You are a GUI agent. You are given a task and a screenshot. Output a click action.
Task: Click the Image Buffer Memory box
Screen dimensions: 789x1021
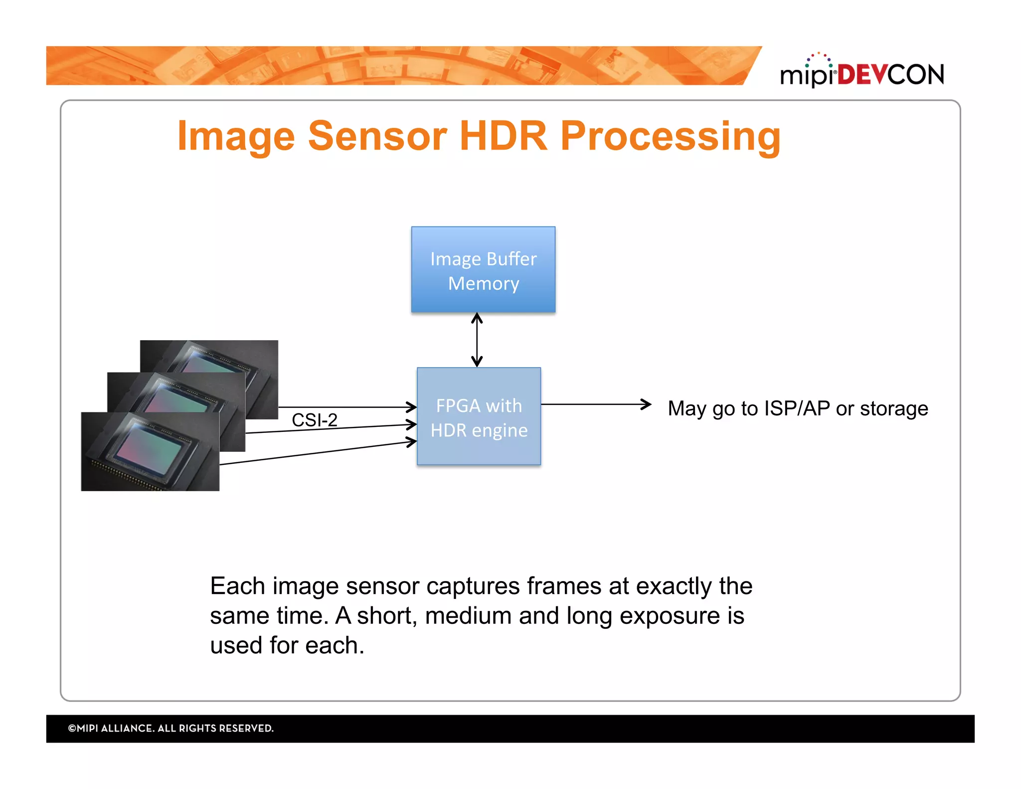[483, 269]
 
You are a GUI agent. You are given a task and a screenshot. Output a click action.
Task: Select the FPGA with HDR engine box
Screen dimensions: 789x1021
[479, 416]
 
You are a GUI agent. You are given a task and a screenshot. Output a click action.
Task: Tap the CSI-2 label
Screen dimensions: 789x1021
[314, 420]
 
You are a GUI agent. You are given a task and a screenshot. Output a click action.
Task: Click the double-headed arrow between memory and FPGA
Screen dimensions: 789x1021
[477, 340]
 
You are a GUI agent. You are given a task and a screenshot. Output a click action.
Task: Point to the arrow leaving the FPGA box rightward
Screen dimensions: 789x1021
[596, 404]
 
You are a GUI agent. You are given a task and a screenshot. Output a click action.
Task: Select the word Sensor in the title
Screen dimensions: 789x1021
[377, 136]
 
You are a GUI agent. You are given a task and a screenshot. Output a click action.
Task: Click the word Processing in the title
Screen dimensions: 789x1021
[670, 137]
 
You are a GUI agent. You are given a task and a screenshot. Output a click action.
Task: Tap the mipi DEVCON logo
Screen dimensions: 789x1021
[861, 72]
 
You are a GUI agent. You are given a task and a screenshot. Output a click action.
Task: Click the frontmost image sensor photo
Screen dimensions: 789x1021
[150, 451]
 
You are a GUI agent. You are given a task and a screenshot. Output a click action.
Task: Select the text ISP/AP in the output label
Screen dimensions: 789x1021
[797, 408]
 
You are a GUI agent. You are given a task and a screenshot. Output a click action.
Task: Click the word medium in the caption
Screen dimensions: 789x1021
[468, 615]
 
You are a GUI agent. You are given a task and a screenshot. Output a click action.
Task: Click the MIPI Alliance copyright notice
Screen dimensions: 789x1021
[170, 728]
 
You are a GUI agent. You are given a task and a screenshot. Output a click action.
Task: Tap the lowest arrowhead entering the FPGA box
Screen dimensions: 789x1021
[412, 442]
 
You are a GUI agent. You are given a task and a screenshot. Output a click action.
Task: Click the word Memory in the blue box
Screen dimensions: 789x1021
[483, 283]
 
